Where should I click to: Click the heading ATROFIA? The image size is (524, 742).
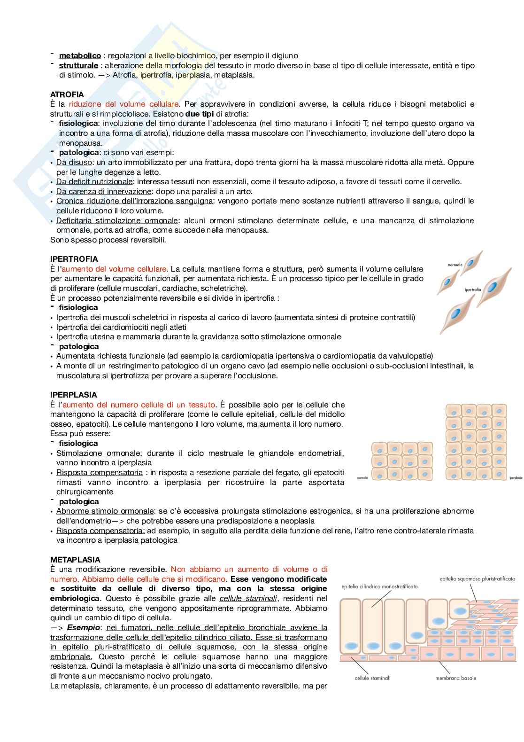(x=67, y=94)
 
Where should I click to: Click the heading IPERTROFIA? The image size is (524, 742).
(x=74, y=259)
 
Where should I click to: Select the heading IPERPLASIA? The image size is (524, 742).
(x=73, y=395)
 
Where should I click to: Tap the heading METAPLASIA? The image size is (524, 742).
(x=75, y=560)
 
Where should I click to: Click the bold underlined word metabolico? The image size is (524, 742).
(x=80, y=55)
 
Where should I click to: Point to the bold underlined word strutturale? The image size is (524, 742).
(x=78, y=65)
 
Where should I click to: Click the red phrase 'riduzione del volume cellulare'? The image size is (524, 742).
(x=123, y=104)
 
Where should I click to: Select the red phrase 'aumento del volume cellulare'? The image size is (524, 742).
(x=114, y=269)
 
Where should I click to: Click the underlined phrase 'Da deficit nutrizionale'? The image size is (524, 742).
(x=94, y=181)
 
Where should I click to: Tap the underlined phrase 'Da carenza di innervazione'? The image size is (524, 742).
(x=104, y=191)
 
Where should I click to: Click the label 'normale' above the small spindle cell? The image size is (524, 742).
(x=455, y=265)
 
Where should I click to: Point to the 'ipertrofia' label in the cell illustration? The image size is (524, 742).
(x=473, y=290)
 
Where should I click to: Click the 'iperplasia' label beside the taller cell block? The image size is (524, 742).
(x=516, y=478)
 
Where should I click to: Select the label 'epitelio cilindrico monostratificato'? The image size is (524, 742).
(x=379, y=586)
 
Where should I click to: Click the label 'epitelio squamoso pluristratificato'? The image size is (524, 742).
(x=477, y=579)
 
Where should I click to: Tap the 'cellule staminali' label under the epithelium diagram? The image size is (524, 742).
(x=372, y=678)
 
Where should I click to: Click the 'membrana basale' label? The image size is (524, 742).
(x=455, y=678)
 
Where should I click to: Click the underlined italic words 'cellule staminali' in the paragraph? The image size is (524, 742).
(x=248, y=598)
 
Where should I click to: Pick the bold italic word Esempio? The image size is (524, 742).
(x=84, y=627)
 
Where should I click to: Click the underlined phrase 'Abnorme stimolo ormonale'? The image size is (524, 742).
(x=105, y=511)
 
